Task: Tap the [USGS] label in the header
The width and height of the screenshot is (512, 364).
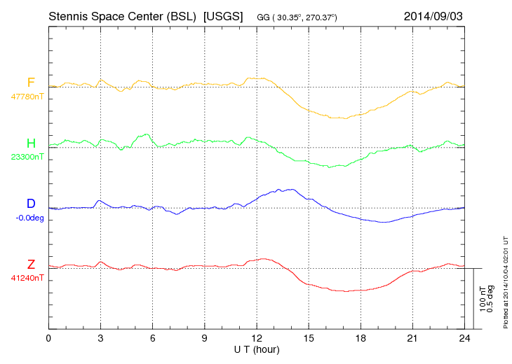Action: pyautogui.click(x=222, y=15)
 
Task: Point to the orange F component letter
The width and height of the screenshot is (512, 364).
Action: pyautogui.click(x=31, y=83)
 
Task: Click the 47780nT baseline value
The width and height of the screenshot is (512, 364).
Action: pyautogui.click(x=27, y=97)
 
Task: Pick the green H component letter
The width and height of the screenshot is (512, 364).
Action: pyautogui.click(x=31, y=143)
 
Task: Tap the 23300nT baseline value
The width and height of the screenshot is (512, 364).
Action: pyautogui.click(x=27, y=157)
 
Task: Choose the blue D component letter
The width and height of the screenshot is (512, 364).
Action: pyautogui.click(x=31, y=204)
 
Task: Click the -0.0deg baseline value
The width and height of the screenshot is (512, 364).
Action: pyautogui.click(x=29, y=218)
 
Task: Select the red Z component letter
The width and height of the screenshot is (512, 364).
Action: pyautogui.click(x=31, y=264)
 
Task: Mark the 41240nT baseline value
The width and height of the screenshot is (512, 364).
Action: pyautogui.click(x=27, y=278)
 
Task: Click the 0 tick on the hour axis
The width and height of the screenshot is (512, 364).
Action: pyautogui.click(x=48, y=339)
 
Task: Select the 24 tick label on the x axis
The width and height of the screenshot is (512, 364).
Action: pyautogui.click(x=464, y=339)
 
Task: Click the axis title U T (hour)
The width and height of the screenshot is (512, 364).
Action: pyautogui.click(x=257, y=349)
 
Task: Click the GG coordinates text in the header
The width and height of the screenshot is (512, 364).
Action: pyautogui.click(x=297, y=15)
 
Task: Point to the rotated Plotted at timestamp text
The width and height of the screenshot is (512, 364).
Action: pyautogui.click(x=505, y=280)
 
